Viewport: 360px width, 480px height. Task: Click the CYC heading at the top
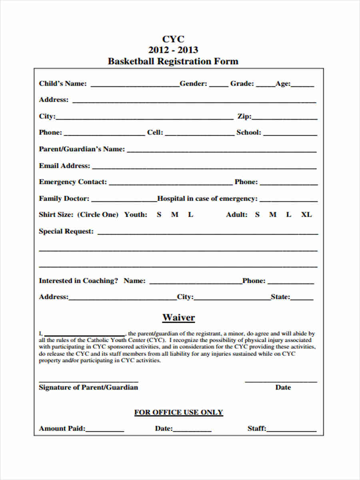[x=173, y=39]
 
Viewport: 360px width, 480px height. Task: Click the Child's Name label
[x=62, y=84]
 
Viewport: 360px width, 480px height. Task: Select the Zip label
[x=244, y=116]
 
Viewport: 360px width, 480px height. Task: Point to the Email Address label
[x=64, y=166]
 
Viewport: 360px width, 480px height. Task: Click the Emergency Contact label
[x=73, y=182]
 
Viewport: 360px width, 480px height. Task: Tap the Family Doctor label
[x=64, y=198]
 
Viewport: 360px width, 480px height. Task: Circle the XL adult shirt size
[x=306, y=215]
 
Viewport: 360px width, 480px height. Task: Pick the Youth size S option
[x=159, y=215]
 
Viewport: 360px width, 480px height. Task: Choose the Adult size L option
[x=288, y=215]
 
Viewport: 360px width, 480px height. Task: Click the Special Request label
[x=66, y=231]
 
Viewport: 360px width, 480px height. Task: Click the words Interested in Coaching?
[x=78, y=281]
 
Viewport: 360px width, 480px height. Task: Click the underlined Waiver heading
[x=178, y=318]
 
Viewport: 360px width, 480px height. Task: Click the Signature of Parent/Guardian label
[x=88, y=387]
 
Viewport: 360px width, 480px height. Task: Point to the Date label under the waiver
[x=283, y=387]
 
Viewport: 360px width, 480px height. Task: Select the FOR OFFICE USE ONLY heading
[x=178, y=412]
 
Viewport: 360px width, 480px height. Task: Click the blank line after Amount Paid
[x=105, y=430]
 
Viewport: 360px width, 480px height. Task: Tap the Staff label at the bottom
[x=256, y=428]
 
